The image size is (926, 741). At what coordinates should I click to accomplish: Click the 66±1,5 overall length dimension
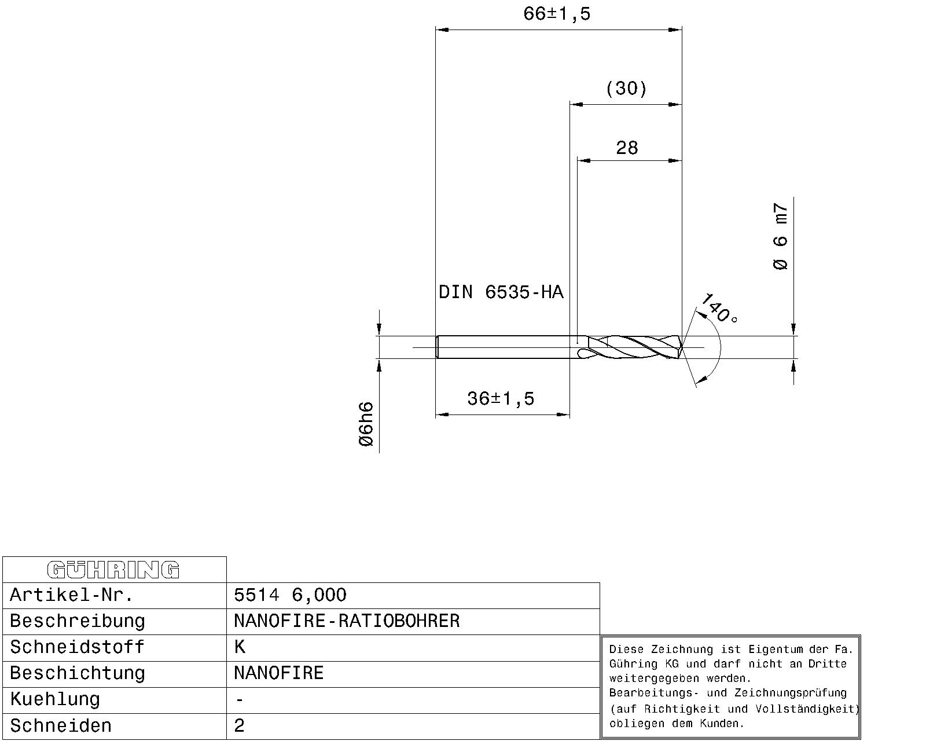[x=557, y=14]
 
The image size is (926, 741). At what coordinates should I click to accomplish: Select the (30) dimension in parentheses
[x=626, y=89]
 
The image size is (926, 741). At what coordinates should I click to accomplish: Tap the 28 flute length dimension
[x=627, y=148]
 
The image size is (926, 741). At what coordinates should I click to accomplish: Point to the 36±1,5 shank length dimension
[x=501, y=399]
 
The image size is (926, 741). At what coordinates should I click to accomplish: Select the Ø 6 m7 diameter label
[x=781, y=237]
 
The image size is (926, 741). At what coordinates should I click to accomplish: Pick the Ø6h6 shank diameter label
[x=366, y=424]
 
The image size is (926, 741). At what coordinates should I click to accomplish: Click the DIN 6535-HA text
[x=501, y=292]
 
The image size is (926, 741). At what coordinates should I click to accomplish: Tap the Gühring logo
[x=113, y=570]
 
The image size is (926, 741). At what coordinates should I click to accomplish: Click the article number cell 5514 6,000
[x=290, y=595]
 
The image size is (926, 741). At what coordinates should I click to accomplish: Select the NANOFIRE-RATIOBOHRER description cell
[x=347, y=621]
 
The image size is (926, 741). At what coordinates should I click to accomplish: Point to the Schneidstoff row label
[x=77, y=647]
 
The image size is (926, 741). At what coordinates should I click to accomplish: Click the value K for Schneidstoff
[x=240, y=647]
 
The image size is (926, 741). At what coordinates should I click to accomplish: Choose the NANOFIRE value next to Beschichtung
[x=278, y=673]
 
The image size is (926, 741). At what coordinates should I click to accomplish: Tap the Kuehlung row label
[x=55, y=699]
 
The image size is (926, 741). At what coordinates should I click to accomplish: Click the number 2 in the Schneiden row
[x=240, y=726]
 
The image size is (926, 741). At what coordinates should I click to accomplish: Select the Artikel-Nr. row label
[x=72, y=595]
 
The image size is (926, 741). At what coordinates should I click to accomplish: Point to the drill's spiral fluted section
[x=634, y=347]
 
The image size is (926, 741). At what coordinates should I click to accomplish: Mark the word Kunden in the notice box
[x=725, y=724]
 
